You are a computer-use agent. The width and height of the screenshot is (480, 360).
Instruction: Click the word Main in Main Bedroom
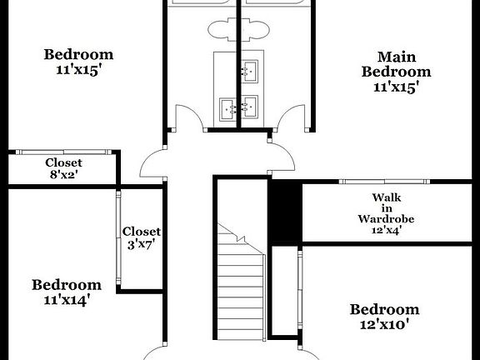(x=396, y=57)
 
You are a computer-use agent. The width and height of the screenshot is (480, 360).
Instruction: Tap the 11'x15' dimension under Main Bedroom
(x=396, y=86)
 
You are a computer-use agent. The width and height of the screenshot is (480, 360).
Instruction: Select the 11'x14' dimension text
(x=67, y=300)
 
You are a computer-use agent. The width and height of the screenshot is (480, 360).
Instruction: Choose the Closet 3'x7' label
(x=141, y=237)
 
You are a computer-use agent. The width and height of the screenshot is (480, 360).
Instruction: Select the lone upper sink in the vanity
(x=248, y=72)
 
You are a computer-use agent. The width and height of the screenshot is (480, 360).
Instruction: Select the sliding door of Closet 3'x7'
(x=118, y=237)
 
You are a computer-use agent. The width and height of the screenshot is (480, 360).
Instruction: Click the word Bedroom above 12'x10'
(x=384, y=309)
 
